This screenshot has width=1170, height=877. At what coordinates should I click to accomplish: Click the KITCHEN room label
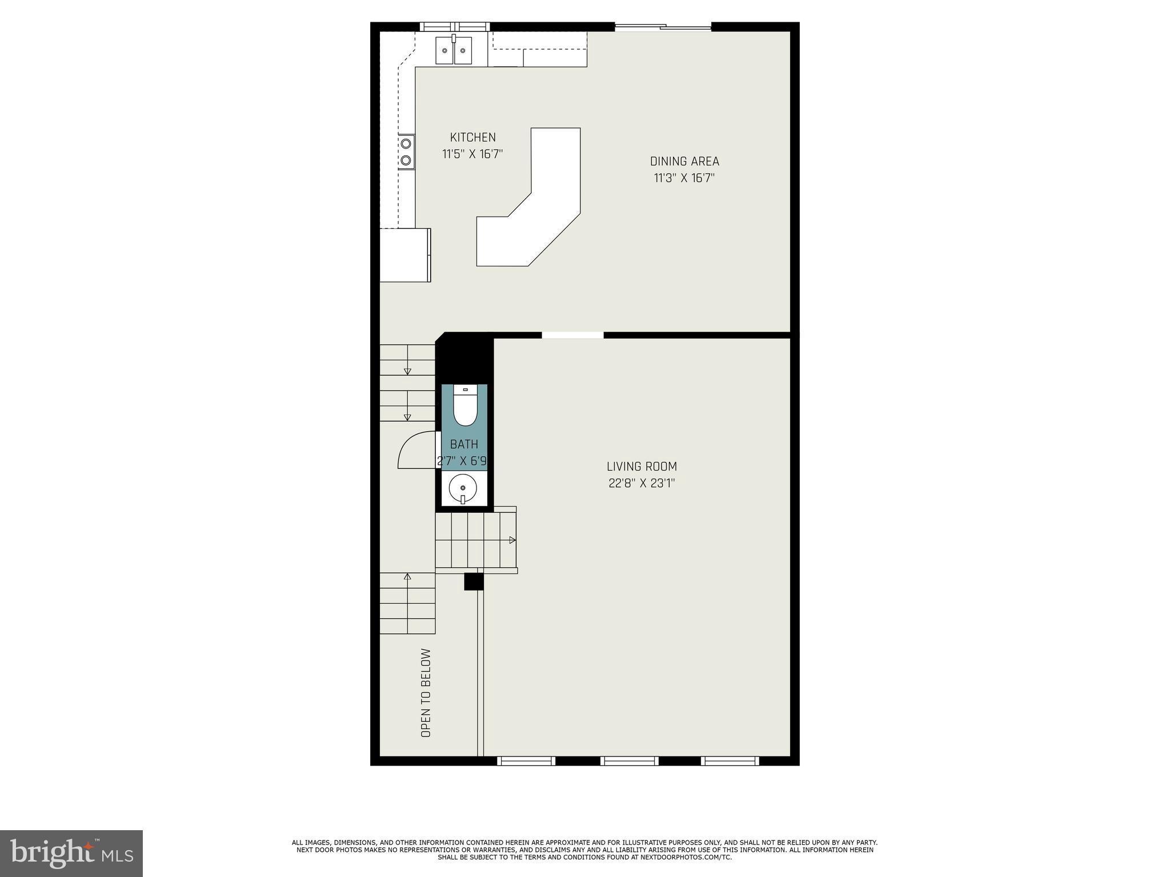pos(472,137)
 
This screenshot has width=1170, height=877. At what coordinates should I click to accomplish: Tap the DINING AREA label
pos(684,161)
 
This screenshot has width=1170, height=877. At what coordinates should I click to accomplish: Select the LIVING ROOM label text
pos(642,466)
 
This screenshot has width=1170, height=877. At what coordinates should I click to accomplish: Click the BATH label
pos(464,444)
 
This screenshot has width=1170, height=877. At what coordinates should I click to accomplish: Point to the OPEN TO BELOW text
pos(426,693)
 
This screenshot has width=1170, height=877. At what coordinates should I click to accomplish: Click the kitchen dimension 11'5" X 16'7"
pos(472,154)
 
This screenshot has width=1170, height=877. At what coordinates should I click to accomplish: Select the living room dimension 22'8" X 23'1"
pos(642,484)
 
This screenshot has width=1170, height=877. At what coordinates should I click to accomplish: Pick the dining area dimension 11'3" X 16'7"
pos(684,178)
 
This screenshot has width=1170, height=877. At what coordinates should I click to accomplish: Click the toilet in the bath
pos(465,406)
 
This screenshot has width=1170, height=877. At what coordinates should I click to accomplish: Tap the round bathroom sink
pos(463,488)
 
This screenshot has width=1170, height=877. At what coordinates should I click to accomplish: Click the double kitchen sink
pos(454,50)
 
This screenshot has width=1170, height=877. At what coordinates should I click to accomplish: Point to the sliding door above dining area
pos(663,26)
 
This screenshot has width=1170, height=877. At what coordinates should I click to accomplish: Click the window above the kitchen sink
pos(455,26)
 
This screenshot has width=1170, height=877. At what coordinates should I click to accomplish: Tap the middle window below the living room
pos(629,761)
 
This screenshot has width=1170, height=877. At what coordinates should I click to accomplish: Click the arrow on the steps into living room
pos(512,540)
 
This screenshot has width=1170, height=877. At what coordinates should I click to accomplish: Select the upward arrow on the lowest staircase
pos(407,577)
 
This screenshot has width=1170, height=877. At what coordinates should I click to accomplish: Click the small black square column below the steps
pos(474,581)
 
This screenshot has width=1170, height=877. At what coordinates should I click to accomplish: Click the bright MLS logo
pos(71,853)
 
